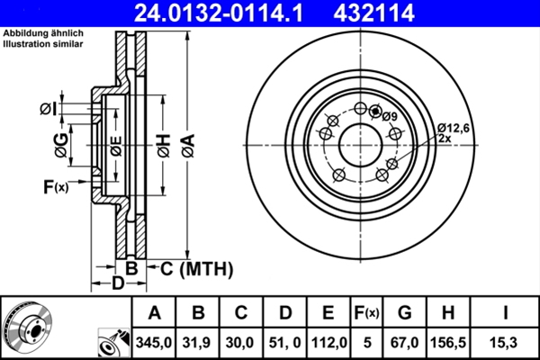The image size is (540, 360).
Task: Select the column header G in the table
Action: click(405, 313)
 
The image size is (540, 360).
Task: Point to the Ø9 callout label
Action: click(389, 116)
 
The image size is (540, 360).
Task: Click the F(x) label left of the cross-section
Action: click(55, 187)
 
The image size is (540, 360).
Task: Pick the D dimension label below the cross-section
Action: click(117, 284)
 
